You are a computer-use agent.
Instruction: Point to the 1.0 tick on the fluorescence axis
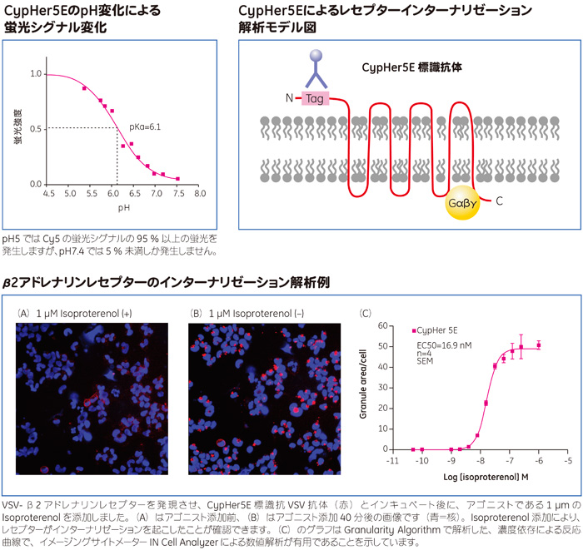pos(35,74)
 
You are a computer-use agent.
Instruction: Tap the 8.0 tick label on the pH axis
pos(200,193)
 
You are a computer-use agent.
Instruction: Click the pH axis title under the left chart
pos(123,206)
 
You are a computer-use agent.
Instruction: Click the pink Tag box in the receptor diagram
pos(316,98)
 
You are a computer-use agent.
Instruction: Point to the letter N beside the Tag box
pos(289,98)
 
